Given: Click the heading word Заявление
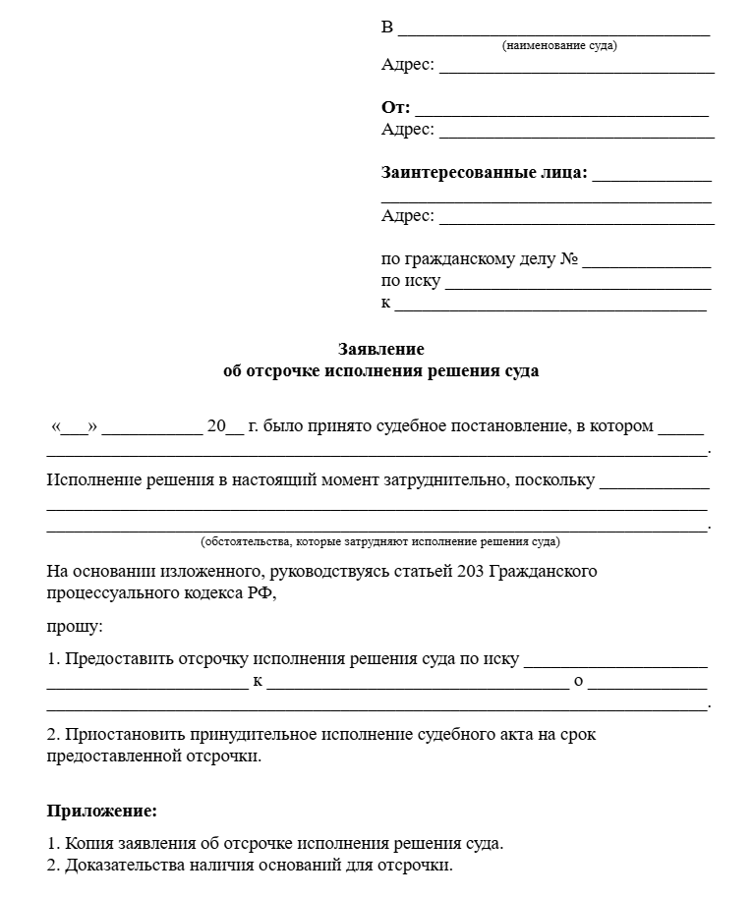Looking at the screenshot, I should click(380, 349).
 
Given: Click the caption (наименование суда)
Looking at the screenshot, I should click(559, 45).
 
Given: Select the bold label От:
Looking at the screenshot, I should click(395, 108).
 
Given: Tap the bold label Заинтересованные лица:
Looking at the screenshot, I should click(484, 173).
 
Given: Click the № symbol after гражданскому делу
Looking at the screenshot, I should click(568, 260).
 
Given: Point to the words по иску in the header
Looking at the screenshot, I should click(411, 282).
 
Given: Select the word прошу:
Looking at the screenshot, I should click(74, 625).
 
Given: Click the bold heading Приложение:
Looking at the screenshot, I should click(102, 812).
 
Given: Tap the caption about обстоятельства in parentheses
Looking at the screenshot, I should click(380, 541).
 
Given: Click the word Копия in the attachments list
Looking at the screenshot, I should click(87, 844).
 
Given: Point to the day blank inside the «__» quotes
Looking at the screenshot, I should click(74, 429).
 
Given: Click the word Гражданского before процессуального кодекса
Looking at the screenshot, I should click(543, 572).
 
